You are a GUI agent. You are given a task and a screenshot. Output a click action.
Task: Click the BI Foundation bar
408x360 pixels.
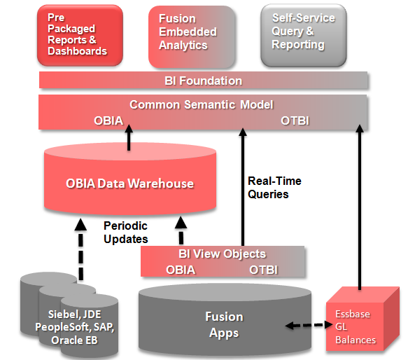[x=202, y=81]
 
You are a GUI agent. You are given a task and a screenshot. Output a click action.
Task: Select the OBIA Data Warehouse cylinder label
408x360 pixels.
[x=129, y=184]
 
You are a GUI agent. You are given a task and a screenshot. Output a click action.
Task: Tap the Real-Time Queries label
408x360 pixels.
[x=274, y=187]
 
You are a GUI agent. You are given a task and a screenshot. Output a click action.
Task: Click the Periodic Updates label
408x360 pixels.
[x=126, y=233]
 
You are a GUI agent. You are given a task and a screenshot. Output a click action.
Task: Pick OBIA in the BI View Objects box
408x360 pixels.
[x=181, y=269]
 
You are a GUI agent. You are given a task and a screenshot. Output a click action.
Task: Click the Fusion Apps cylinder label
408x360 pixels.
[x=224, y=325]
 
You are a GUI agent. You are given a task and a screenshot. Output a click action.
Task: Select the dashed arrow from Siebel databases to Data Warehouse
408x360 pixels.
[x=80, y=249]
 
